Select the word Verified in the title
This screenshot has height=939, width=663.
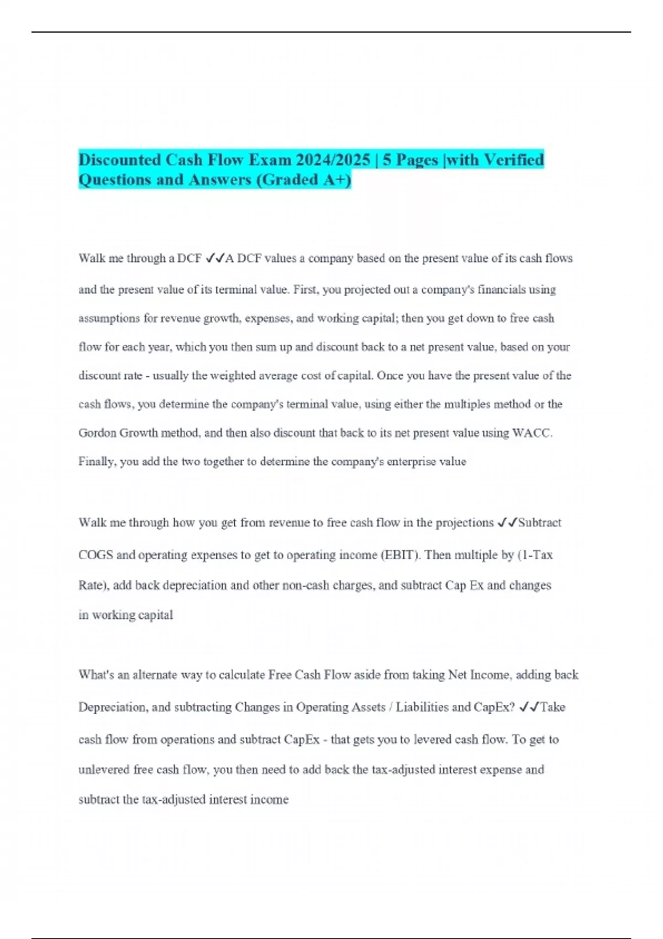click(514, 160)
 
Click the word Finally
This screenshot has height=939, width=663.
click(97, 462)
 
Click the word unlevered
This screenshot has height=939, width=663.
click(104, 770)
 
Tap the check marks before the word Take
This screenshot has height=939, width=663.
click(529, 708)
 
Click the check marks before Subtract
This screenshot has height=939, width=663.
click(507, 523)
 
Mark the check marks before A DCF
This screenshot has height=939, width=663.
click(214, 259)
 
